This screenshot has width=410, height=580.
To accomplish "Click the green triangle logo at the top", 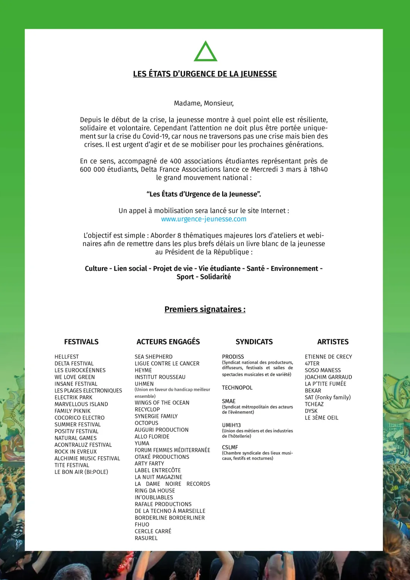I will tap(205, 52).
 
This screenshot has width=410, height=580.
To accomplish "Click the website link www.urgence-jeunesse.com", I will tap(204, 219).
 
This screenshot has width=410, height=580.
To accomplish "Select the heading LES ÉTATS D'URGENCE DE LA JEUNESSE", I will tap(205, 74).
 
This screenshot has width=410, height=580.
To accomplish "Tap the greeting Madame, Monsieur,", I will tap(204, 103).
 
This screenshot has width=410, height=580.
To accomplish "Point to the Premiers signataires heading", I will tap(205, 309).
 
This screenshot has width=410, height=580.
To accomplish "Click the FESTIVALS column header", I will tap(81, 342).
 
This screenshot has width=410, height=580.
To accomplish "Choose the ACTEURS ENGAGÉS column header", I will tap(168, 342).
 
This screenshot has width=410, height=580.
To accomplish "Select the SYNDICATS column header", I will tap(254, 342).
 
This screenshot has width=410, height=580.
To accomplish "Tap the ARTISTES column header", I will tap(333, 342).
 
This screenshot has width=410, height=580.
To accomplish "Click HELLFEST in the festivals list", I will tap(67, 357).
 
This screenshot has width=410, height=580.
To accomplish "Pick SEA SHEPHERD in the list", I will tap(154, 357).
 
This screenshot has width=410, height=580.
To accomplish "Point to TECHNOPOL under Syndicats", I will tap(237, 388).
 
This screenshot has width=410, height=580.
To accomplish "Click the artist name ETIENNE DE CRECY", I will tap(328, 357).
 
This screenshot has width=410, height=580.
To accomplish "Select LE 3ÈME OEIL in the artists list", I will tap(322, 418).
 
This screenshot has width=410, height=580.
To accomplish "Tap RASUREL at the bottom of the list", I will tap(146, 538).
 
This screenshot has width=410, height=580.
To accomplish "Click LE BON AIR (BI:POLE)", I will tap(81, 472).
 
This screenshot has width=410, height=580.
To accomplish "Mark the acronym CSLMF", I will tap(230, 447).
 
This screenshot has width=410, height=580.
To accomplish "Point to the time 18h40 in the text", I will tap(319, 169).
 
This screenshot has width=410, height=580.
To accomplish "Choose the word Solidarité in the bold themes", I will tap(215, 277).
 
